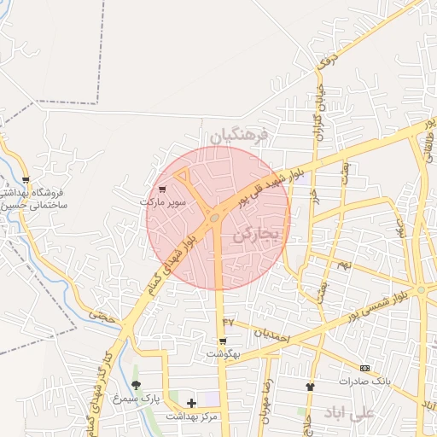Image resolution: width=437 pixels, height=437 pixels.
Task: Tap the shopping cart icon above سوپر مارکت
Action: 162,190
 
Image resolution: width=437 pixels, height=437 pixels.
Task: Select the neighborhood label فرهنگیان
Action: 240,134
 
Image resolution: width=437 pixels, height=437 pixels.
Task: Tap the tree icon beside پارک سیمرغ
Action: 136,385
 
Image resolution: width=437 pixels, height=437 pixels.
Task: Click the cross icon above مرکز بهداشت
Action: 190,403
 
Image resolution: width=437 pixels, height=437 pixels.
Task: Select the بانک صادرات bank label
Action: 364,381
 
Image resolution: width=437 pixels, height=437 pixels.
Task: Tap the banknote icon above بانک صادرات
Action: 364,368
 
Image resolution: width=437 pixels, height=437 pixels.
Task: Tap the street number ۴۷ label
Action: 228,321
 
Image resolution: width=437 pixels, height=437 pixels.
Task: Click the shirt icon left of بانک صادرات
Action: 310,387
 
